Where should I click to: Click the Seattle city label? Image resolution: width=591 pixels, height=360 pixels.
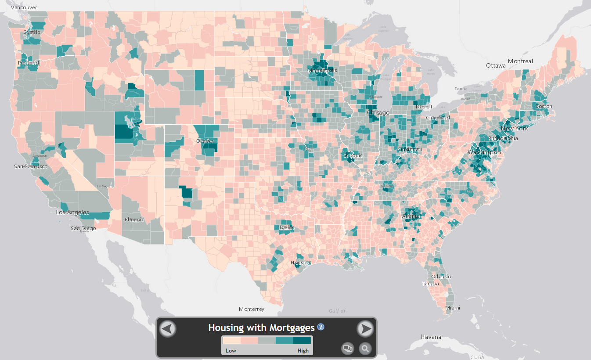[x=32, y=32]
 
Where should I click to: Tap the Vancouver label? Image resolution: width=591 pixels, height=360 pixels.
[x=24, y=7]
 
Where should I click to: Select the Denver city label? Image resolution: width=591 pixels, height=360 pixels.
[x=205, y=141]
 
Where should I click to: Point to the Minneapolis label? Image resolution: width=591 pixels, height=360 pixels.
[x=322, y=71]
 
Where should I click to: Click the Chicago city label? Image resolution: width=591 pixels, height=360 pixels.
[x=378, y=113]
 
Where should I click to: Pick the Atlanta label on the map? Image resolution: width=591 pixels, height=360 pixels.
[x=411, y=216]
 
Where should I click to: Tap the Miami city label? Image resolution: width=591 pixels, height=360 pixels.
[x=453, y=308]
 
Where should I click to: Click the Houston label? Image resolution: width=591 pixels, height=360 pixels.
[x=301, y=263]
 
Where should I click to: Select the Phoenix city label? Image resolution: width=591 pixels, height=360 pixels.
[x=134, y=220]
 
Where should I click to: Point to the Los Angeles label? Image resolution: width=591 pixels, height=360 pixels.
[x=72, y=212]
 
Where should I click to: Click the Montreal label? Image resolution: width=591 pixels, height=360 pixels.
[x=520, y=61]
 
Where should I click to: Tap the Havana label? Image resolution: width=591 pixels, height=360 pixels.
[x=430, y=337]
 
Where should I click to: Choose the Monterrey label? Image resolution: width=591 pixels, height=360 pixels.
[x=252, y=309]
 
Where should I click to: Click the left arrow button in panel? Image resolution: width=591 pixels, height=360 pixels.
[x=168, y=328]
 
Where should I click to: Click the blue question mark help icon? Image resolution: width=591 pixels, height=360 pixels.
[x=321, y=327]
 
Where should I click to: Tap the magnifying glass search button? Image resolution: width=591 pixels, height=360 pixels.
[x=365, y=349]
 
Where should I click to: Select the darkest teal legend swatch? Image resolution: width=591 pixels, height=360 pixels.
[x=302, y=341]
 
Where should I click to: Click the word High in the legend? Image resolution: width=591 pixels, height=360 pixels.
[x=303, y=350]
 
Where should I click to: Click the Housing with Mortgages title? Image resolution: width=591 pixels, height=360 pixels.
[x=261, y=328]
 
